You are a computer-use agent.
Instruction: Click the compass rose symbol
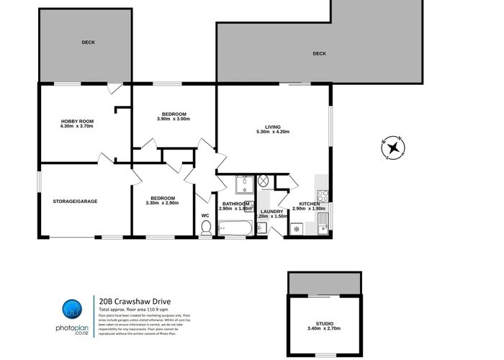tap(394, 148)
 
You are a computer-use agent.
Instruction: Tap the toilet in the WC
tap(206, 228)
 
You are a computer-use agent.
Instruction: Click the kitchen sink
tap(323, 226)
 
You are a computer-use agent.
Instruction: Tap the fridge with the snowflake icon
tap(295, 229)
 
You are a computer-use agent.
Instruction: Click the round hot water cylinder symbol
tap(264, 181)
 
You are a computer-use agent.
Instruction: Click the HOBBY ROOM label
tap(78, 121)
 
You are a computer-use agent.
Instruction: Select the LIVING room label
tap(273, 127)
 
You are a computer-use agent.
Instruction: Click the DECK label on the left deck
tap(87, 42)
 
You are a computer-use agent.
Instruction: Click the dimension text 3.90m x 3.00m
tap(174, 120)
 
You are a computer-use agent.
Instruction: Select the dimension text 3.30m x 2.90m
tap(162, 203)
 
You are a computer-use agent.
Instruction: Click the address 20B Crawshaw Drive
tap(135, 301)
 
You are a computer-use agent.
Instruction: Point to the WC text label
tap(204, 215)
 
